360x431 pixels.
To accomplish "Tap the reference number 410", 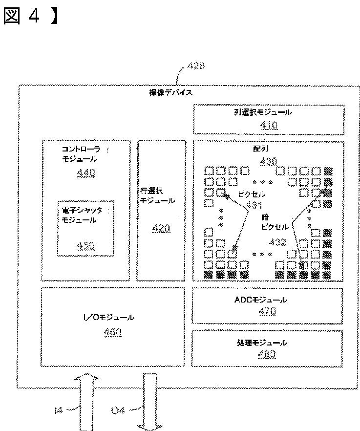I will pyautogui.click(x=269, y=125).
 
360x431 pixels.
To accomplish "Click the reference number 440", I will pyautogui.click(x=86, y=172).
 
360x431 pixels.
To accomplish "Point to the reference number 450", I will pyautogui.click(x=86, y=246).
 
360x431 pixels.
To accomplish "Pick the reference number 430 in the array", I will pyautogui.click(x=268, y=161).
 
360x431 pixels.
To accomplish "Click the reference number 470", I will pyautogui.click(x=267, y=311).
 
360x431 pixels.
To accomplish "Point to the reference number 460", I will pyautogui.click(x=113, y=332).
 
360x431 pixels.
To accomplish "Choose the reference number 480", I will pyautogui.click(x=267, y=355).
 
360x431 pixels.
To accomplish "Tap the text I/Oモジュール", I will pyautogui.click(x=112, y=318).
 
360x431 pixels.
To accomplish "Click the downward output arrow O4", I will pyautogui.click(x=150, y=401).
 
